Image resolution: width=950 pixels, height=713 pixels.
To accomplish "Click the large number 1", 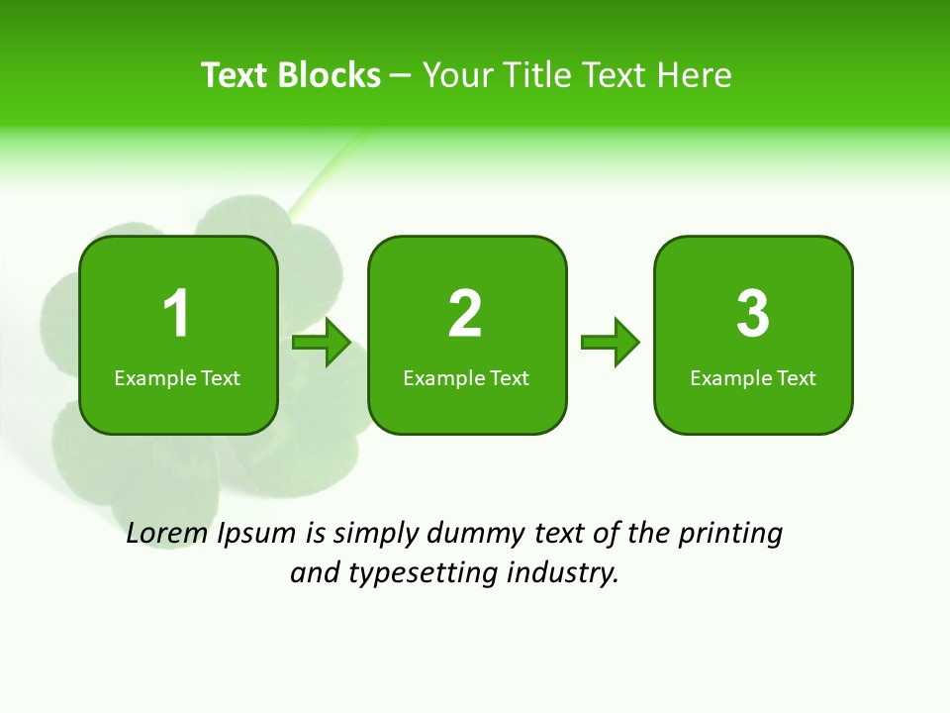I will tap(176, 314).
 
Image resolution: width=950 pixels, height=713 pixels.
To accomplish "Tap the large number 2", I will tap(465, 314).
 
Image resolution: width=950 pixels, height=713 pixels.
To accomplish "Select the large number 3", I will tap(753, 314).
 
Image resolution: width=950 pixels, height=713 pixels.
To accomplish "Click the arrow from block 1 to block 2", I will tap(323, 343).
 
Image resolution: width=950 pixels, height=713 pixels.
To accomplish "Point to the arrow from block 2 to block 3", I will tap(611, 343).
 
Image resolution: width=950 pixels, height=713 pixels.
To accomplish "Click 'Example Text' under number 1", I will tap(177, 378).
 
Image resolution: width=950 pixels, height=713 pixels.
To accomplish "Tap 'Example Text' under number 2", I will tap(466, 378).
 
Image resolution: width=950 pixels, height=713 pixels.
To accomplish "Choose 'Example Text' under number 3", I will tap(753, 378).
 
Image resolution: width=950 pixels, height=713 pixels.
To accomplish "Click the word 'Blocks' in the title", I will tap(329, 75).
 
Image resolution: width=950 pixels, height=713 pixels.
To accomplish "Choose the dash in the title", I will tap(402, 76).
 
